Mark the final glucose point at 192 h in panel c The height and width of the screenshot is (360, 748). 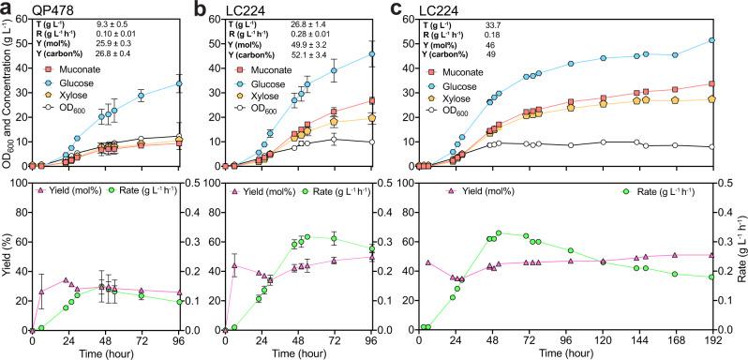(x=711, y=40)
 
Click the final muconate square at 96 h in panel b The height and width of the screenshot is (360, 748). (x=372, y=101)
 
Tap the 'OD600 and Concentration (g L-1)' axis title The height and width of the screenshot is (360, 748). (x=8, y=94)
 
